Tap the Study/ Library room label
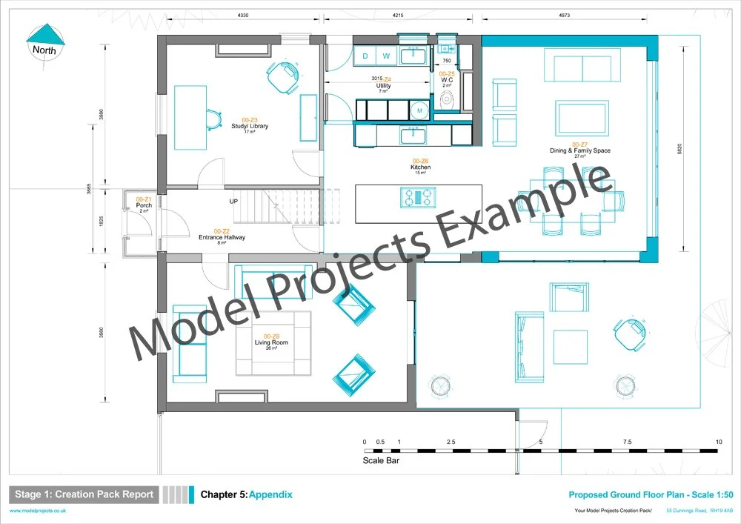pos(250,126)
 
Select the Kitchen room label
pos(420,168)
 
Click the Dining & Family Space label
pos(579,150)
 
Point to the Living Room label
pos(271,342)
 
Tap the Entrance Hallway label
pos(222,237)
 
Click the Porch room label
pos(144,205)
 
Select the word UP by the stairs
pos(234,202)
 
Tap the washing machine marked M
pos(420,110)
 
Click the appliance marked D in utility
pos(366,56)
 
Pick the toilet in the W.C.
pos(446,99)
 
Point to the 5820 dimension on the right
pos(679,148)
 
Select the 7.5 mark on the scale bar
pos(628,442)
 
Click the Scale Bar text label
pos(381,460)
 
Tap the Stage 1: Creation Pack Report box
pos(84,494)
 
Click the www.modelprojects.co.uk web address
pos(39,511)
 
